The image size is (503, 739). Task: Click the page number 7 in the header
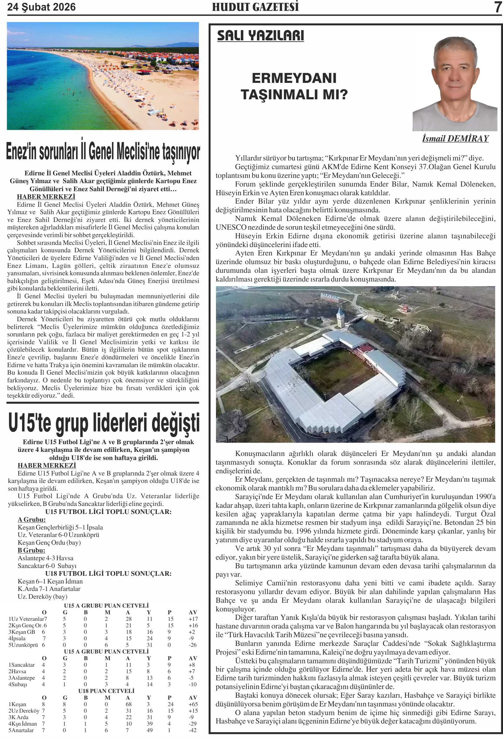497,7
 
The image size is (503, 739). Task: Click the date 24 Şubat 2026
41,7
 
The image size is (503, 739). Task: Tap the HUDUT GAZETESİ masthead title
255,7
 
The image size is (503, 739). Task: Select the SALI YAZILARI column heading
260,36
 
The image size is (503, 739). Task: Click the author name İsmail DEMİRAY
455,139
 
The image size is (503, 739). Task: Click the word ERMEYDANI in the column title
294,78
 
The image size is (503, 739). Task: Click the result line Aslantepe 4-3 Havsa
46,558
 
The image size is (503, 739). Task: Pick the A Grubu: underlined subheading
31,520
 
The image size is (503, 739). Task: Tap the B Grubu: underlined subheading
31,550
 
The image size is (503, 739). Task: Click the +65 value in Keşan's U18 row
193,704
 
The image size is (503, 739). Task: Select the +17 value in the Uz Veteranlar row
193,619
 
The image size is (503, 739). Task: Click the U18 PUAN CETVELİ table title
106,691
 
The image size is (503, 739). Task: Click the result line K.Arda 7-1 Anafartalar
49,589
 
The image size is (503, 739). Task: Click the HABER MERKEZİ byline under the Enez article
46,197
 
